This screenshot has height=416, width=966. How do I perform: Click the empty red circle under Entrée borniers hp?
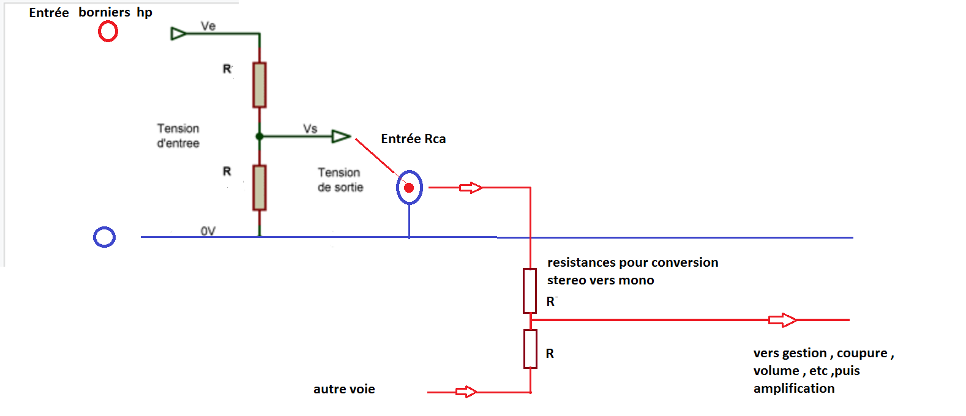click(108, 31)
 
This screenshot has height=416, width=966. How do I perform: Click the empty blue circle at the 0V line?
click(104, 237)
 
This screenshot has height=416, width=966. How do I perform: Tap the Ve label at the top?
click(208, 26)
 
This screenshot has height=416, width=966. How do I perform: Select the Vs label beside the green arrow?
click(310, 128)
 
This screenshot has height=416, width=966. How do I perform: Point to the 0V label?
click(208, 231)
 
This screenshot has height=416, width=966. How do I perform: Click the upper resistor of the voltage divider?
click(260, 85)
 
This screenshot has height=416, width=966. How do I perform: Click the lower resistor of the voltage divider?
click(260, 187)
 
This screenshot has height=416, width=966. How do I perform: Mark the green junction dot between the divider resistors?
click(260, 136)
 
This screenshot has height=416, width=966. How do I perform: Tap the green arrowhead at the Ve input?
click(178, 33)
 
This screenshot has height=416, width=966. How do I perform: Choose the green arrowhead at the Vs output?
click(341, 136)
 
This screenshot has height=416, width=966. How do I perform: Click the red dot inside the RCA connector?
click(409, 188)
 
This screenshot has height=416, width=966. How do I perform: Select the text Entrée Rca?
click(413, 139)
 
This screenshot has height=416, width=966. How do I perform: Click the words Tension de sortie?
click(340, 180)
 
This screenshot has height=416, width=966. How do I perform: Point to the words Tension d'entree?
click(178, 136)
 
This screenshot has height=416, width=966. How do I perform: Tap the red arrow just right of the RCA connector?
click(471, 188)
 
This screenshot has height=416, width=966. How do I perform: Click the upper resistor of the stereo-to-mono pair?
click(530, 291)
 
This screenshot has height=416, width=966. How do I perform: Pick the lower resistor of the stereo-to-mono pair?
click(530, 349)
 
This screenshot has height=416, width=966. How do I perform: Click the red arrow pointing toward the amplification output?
click(782, 320)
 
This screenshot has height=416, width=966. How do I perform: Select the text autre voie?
click(344, 389)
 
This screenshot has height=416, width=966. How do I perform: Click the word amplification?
click(794, 388)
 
